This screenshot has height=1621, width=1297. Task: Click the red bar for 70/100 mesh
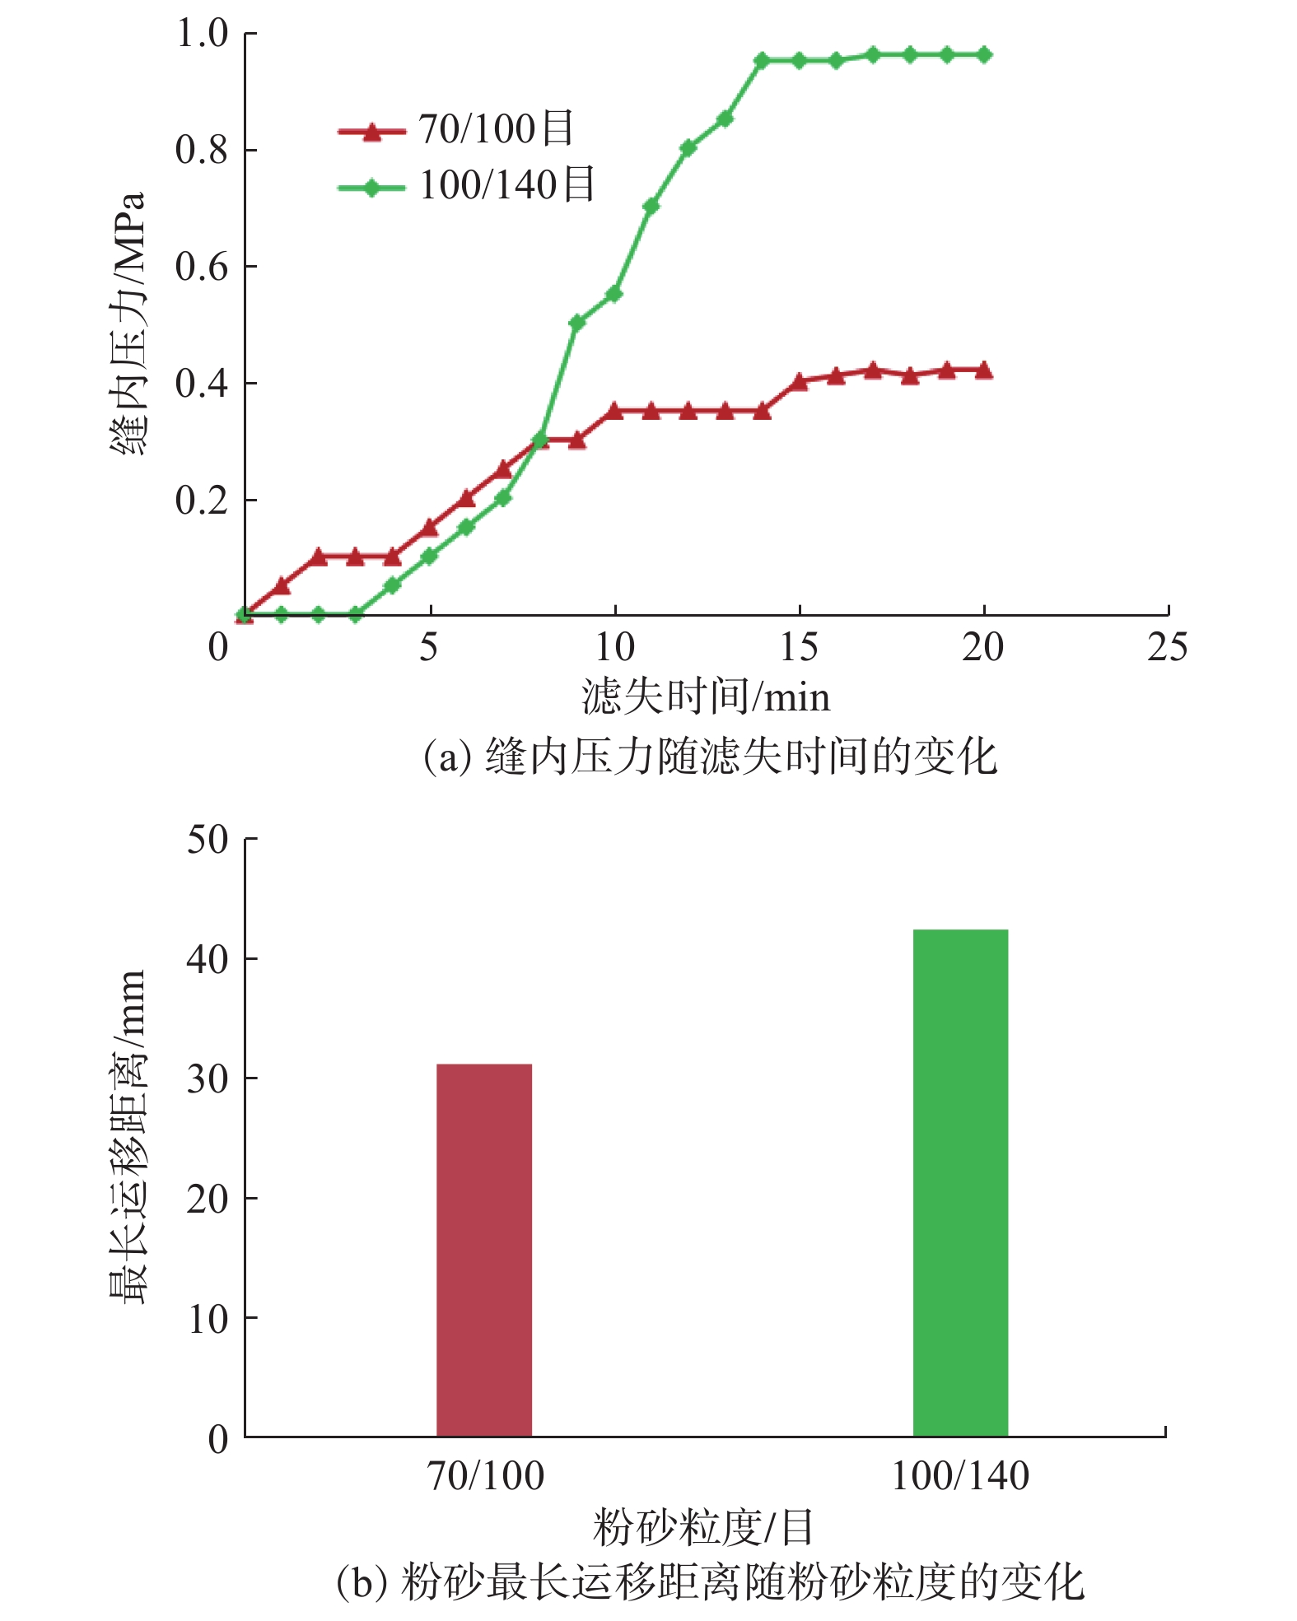point(483,1250)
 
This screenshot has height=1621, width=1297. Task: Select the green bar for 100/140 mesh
point(960,1182)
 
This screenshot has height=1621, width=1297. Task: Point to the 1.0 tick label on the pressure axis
point(203,34)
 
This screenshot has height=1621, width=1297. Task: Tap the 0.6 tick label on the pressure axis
point(203,268)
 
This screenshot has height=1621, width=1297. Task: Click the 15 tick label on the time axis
point(799,647)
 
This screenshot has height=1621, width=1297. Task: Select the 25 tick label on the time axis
point(1167,647)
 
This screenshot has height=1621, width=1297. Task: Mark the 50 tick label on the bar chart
point(208,840)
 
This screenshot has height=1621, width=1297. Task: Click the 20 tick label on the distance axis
point(208,1199)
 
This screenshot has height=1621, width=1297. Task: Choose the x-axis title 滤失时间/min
point(706,697)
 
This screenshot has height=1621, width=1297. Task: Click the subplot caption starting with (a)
point(710,756)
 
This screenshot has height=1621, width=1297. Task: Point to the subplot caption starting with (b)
point(710,1581)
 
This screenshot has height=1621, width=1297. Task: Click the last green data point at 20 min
point(983,55)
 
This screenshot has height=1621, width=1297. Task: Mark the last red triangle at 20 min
point(983,370)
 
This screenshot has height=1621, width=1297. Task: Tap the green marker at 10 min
point(614,294)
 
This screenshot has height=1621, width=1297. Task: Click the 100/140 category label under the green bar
point(960,1476)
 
